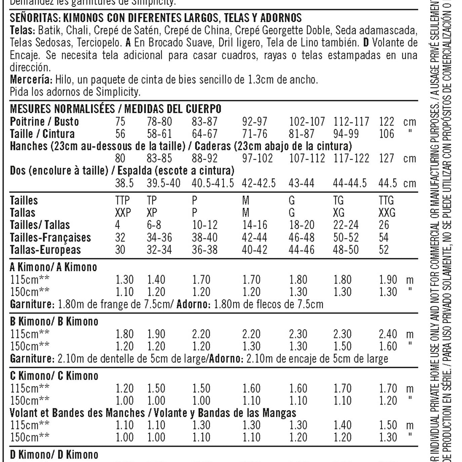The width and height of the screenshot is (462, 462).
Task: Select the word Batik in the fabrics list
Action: tap(49, 30)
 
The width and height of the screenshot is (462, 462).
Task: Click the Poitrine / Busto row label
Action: tap(44, 121)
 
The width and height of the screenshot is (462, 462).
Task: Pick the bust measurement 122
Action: tap(386, 121)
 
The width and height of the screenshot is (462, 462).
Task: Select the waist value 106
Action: tap(386, 134)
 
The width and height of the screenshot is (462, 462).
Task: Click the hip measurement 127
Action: tap(386, 158)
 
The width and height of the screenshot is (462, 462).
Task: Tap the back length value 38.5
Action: tap(124, 183)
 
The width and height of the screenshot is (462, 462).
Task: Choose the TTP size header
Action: tap(122, 200)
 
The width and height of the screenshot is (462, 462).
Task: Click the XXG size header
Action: tap(387, 213)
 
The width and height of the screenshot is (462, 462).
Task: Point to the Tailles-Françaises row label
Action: tap(50, 238)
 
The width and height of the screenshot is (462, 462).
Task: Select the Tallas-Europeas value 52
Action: tap(384, 250)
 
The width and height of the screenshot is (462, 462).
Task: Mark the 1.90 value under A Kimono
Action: tap(388, 280)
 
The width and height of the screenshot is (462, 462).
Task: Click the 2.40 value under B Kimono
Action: tap(388, 334)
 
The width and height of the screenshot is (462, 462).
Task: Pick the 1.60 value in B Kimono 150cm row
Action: tap(388, 346)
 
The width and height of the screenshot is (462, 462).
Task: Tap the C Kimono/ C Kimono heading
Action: tap(54, 376)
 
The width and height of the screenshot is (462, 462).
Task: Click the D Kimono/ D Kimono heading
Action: tap(54, 455)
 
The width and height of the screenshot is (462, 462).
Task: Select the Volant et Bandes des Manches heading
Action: tap(77, 413)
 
